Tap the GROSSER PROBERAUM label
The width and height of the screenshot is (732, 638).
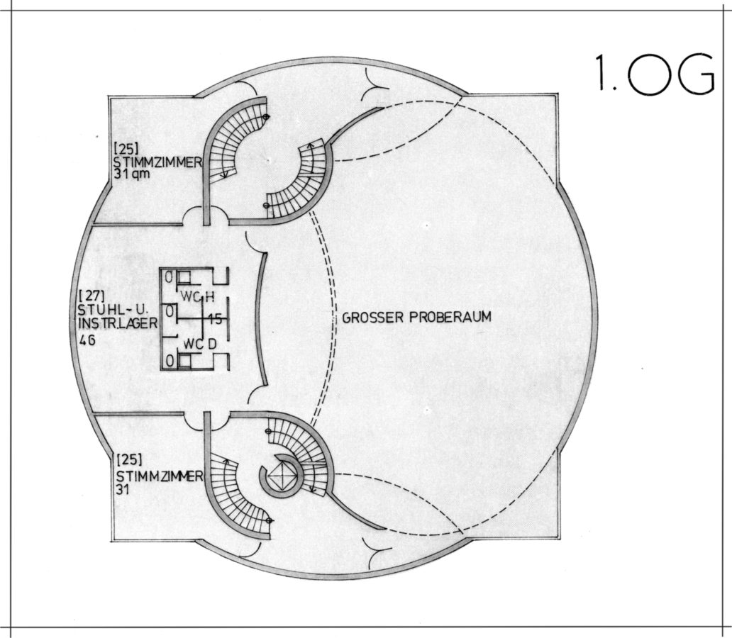416,318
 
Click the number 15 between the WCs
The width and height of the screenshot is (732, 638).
216,320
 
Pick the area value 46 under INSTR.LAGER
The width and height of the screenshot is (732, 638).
89,340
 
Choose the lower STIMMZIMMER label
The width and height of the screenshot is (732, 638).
157,476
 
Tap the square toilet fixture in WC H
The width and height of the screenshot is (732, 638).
184,278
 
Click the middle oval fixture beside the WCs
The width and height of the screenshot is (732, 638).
170,310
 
